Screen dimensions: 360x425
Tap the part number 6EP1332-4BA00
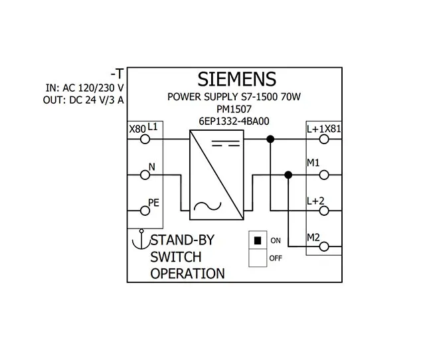[x=233, y=121]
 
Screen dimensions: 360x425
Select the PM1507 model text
[x=233, y=110]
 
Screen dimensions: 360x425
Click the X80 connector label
[x=136, y=128]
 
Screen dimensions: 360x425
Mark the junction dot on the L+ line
[x=270, y=139]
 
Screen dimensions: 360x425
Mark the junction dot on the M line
[x=288, y=175]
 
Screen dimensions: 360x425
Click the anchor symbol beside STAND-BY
[x=139, y=240]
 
